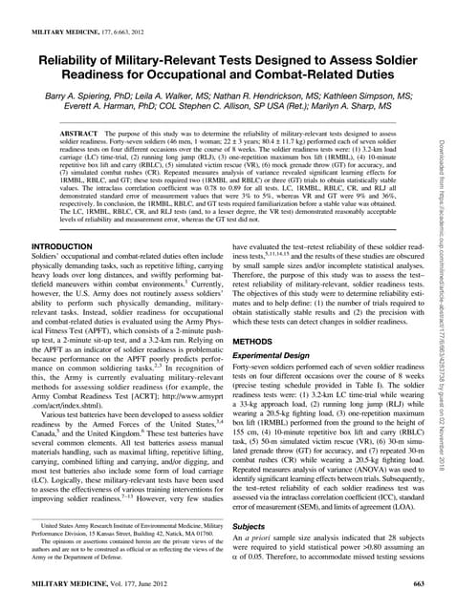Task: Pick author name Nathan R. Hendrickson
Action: pyautogui.click(x=273, y=97)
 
